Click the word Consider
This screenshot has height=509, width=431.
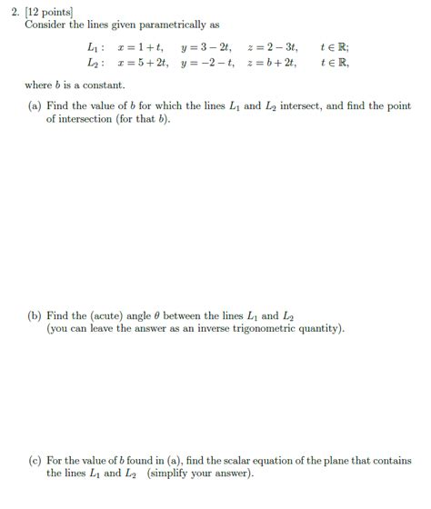45,24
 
